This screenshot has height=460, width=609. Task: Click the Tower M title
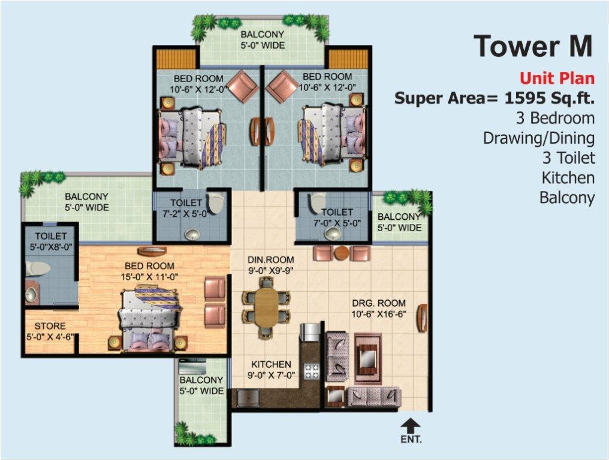pos(533,47)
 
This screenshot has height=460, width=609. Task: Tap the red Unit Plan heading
pos(557,78)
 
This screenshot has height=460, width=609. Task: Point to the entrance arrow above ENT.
pos(410,426)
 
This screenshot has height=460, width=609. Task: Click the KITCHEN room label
pos(271,364)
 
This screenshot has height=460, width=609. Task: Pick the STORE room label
pos(50,326)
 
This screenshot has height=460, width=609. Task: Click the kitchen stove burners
pos(312,370)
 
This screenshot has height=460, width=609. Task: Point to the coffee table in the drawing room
pos(367,358)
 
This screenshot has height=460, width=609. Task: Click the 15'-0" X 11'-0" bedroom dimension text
pos(149,277)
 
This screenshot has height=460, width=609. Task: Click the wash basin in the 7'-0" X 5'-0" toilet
pos(329,234)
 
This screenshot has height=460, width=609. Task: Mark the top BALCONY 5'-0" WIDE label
pos(263,40)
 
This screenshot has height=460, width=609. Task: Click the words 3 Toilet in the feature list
pos(567,158)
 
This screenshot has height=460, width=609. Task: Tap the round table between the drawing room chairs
pos(342,253)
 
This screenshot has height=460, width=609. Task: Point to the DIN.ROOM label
pos(271,260)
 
